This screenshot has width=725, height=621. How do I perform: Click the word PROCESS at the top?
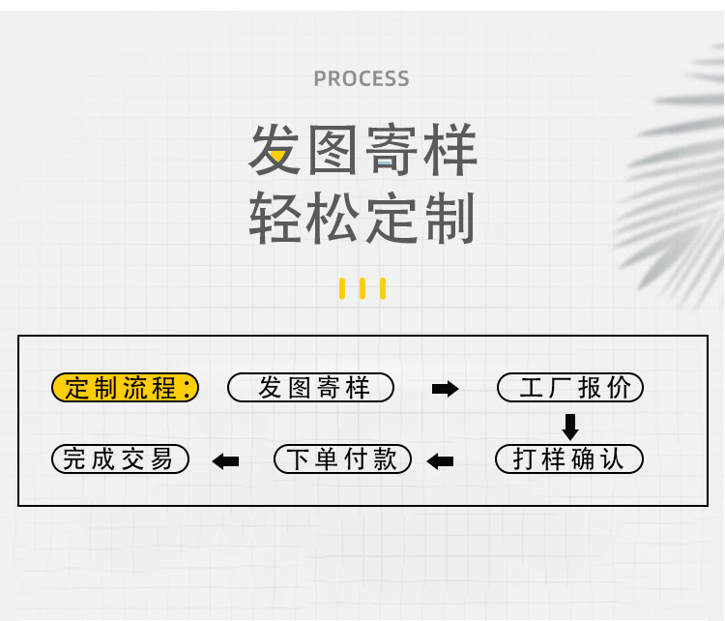tap(362, 78)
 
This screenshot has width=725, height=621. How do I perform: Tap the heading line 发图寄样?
tap(362, 152)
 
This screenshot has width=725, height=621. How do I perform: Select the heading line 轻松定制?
tap(362, 218)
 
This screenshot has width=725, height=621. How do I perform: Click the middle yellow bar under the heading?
tap(362, 288)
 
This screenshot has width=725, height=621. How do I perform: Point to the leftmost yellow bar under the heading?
tap(342, 288)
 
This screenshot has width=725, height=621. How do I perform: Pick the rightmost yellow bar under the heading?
tap(383, 288)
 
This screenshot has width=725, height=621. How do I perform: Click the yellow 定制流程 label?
tap(125, 388)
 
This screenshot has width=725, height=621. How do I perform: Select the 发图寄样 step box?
tap(311, 388)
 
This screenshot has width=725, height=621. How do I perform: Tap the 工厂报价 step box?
tap(570, 388)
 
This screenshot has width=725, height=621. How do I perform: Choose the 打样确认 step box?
tap(569, 458)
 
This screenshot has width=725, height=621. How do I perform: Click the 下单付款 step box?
tap(343, 458)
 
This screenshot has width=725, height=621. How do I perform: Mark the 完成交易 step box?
tap(120, 458)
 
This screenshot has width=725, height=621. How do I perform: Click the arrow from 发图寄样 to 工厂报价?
tap(445, 389)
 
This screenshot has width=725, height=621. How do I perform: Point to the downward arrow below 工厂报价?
tap(570, 426)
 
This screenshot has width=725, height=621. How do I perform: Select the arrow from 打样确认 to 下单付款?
tap(440, 461)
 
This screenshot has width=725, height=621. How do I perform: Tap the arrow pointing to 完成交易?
tap(225, 461)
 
